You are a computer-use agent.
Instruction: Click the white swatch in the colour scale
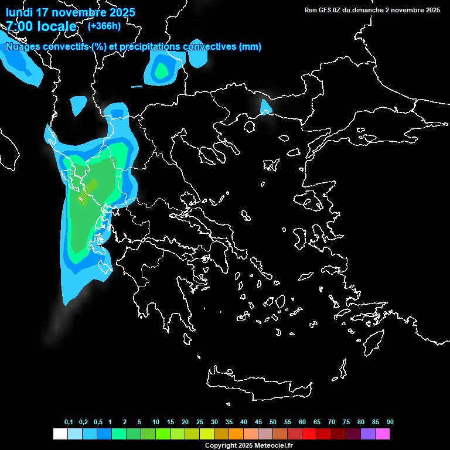[60, 434]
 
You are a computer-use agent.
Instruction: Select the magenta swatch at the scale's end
[382, 434]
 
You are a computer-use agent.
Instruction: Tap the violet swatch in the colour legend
[367, 434]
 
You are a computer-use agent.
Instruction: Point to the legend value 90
[390, 422]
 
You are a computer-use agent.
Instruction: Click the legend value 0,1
[69, 422]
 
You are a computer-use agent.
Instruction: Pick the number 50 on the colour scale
[273, 422]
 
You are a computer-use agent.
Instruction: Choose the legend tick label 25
[200, 422]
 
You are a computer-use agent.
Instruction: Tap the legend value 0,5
[98, 422]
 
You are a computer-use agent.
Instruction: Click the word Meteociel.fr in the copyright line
[274, 446]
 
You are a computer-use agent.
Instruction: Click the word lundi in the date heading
[19, 12]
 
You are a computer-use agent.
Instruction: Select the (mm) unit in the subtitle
[250, 47]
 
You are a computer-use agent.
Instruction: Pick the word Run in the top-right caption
[311, 10]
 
